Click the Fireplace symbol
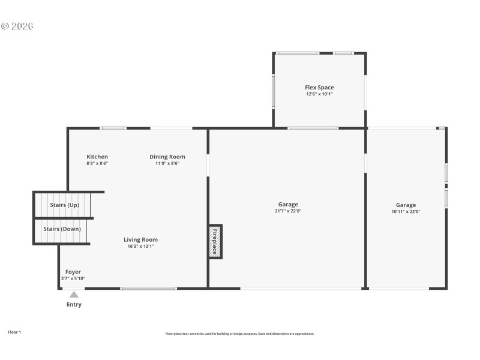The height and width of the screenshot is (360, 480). [x=215, y=241]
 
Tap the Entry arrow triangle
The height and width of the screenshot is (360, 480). [x=74, y=295]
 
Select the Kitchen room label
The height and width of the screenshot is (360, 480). [x=97, y=157]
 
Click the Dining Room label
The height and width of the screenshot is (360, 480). [x=167, y=157]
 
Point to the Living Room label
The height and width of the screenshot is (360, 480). [x=141, y=239]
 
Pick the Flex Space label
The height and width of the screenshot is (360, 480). [x=319, y=88]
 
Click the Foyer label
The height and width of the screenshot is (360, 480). [x=73, y=272]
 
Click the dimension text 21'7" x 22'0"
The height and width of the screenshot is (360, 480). [x=288, y=211]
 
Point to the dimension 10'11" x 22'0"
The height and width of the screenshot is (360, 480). [x=406, y=211]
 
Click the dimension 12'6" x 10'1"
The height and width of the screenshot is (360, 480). [x=319, y=94]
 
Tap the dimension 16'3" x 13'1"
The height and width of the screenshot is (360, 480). [x=141, y=246]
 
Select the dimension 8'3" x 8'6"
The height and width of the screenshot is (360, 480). [x=97, y=163]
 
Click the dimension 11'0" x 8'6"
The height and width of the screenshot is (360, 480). [x=167, y=163]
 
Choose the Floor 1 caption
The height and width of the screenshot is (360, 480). [x=14, y=332]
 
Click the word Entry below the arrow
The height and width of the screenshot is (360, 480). [x=74, y=304]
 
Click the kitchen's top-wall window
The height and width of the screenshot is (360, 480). [x=113, y=128]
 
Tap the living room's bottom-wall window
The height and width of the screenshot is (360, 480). [x=149, y=289]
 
